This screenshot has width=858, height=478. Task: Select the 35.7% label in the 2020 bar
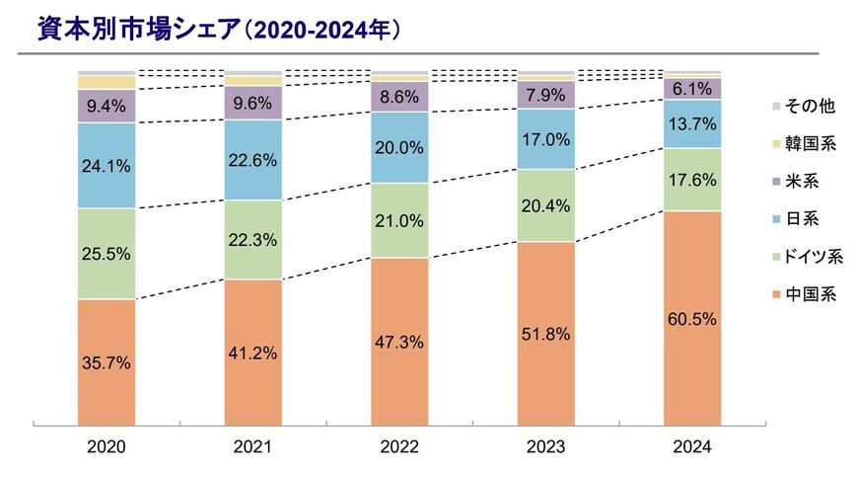click(x=106, y=363)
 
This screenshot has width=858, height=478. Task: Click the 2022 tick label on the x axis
click(x=399, y=447)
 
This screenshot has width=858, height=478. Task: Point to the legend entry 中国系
click(x=806, y=293)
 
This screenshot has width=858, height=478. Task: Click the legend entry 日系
click(x=799, y=218)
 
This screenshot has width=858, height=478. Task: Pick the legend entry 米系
click(x=799, y=181)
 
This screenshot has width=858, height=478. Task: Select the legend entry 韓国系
click(x=806, y=143)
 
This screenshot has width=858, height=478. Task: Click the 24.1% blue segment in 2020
click(x=106, y=165)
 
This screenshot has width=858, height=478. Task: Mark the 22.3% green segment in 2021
click(x=252, y=239)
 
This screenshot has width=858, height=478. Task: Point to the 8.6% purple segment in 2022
click(x=399, y=97)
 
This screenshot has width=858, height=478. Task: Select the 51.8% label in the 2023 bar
click(x=546, y=333)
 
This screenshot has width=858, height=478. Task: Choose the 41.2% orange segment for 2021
click(x=252, y=352)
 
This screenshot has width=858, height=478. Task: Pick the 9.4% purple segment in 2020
click(x=106, y=106)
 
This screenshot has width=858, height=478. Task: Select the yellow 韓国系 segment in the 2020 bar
click(x=106, y=82)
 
